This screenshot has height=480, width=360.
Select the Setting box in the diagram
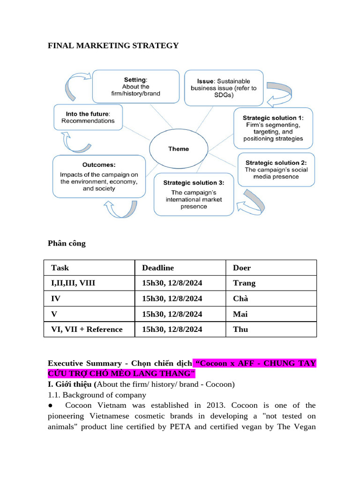tap(135, 86)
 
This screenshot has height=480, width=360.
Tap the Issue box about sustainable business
tap(224, 88)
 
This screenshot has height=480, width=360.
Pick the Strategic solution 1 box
tap(273, 128)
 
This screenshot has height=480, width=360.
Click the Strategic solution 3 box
tap(194, 195)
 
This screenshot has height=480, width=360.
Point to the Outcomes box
tap(99, 177)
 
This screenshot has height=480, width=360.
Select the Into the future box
tap(88, 117)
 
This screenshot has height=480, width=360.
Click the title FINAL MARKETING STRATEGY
tap(113, 45)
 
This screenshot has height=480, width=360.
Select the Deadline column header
tap(158, 268)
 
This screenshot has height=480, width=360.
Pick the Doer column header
tap(242, 268)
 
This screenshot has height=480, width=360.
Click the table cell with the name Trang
tap(244, 283)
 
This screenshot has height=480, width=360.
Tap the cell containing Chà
tap(240, 299)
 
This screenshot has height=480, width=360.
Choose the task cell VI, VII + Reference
tap(87, 329)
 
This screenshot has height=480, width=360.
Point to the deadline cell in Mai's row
tap(172, 314)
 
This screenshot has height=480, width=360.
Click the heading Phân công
tap(67, 243)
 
